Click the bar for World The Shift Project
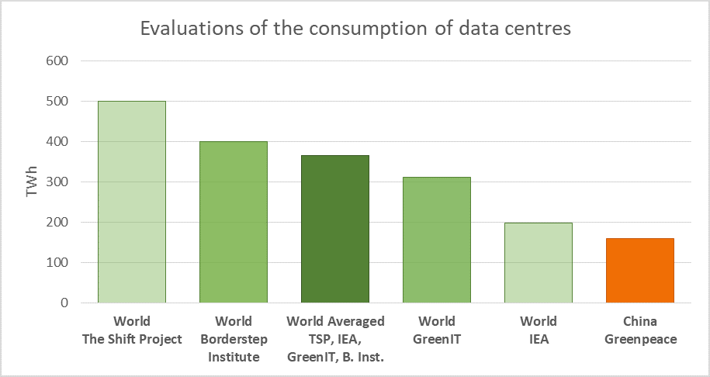(131, 202)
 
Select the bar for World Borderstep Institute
(233, 222)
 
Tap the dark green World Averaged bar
(334, 229)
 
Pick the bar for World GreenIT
(436, 240)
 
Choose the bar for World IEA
(538, 262)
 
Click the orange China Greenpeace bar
(640, 270)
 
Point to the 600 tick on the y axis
(59, 61)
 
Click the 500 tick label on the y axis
(59, 102)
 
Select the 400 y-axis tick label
(59, 142)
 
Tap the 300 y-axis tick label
(59, 182)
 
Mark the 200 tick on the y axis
(59, 223)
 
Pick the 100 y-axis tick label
(59, 263)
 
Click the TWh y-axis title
(32, 182)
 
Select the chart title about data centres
(355, 29)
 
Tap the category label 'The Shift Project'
(131, 339)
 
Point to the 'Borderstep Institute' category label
(234, 348)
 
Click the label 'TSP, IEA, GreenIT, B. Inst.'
(335, 348)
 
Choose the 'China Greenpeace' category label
(640, 330)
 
